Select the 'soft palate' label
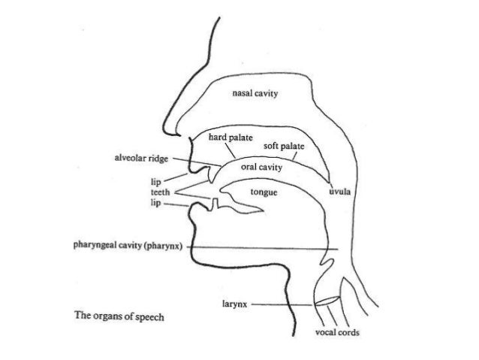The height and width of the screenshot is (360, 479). (x=283, y=145)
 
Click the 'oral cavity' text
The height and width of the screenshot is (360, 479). (x=259, y=168)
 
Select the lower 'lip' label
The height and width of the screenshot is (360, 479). (x=156, y=203)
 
